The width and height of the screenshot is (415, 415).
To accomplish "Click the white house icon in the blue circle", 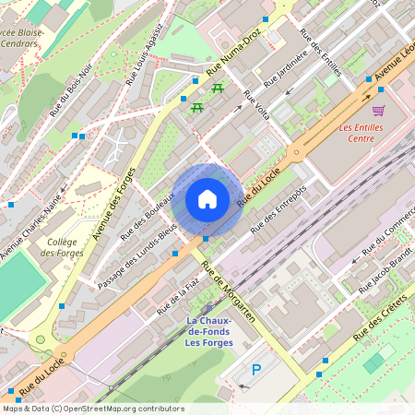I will point(207,199).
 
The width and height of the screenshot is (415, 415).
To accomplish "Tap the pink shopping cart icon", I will point(377,110).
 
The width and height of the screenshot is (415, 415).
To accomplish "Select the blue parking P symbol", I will point(256,371).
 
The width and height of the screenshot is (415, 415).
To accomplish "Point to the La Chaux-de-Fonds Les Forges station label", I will point(209,332).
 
